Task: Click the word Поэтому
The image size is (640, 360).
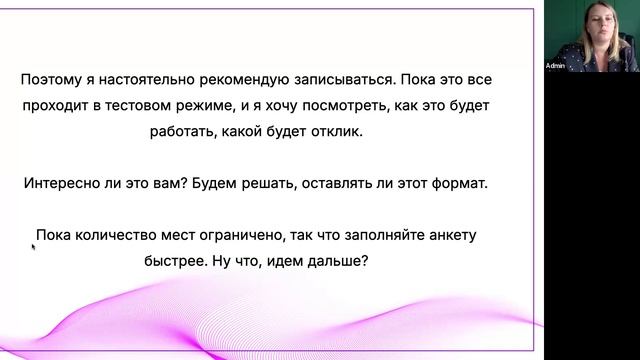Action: (51, 79)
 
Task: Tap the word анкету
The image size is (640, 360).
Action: (448, 237)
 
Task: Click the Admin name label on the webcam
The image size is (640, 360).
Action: (555, 66)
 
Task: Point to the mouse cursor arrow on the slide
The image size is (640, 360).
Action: (34, 246)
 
